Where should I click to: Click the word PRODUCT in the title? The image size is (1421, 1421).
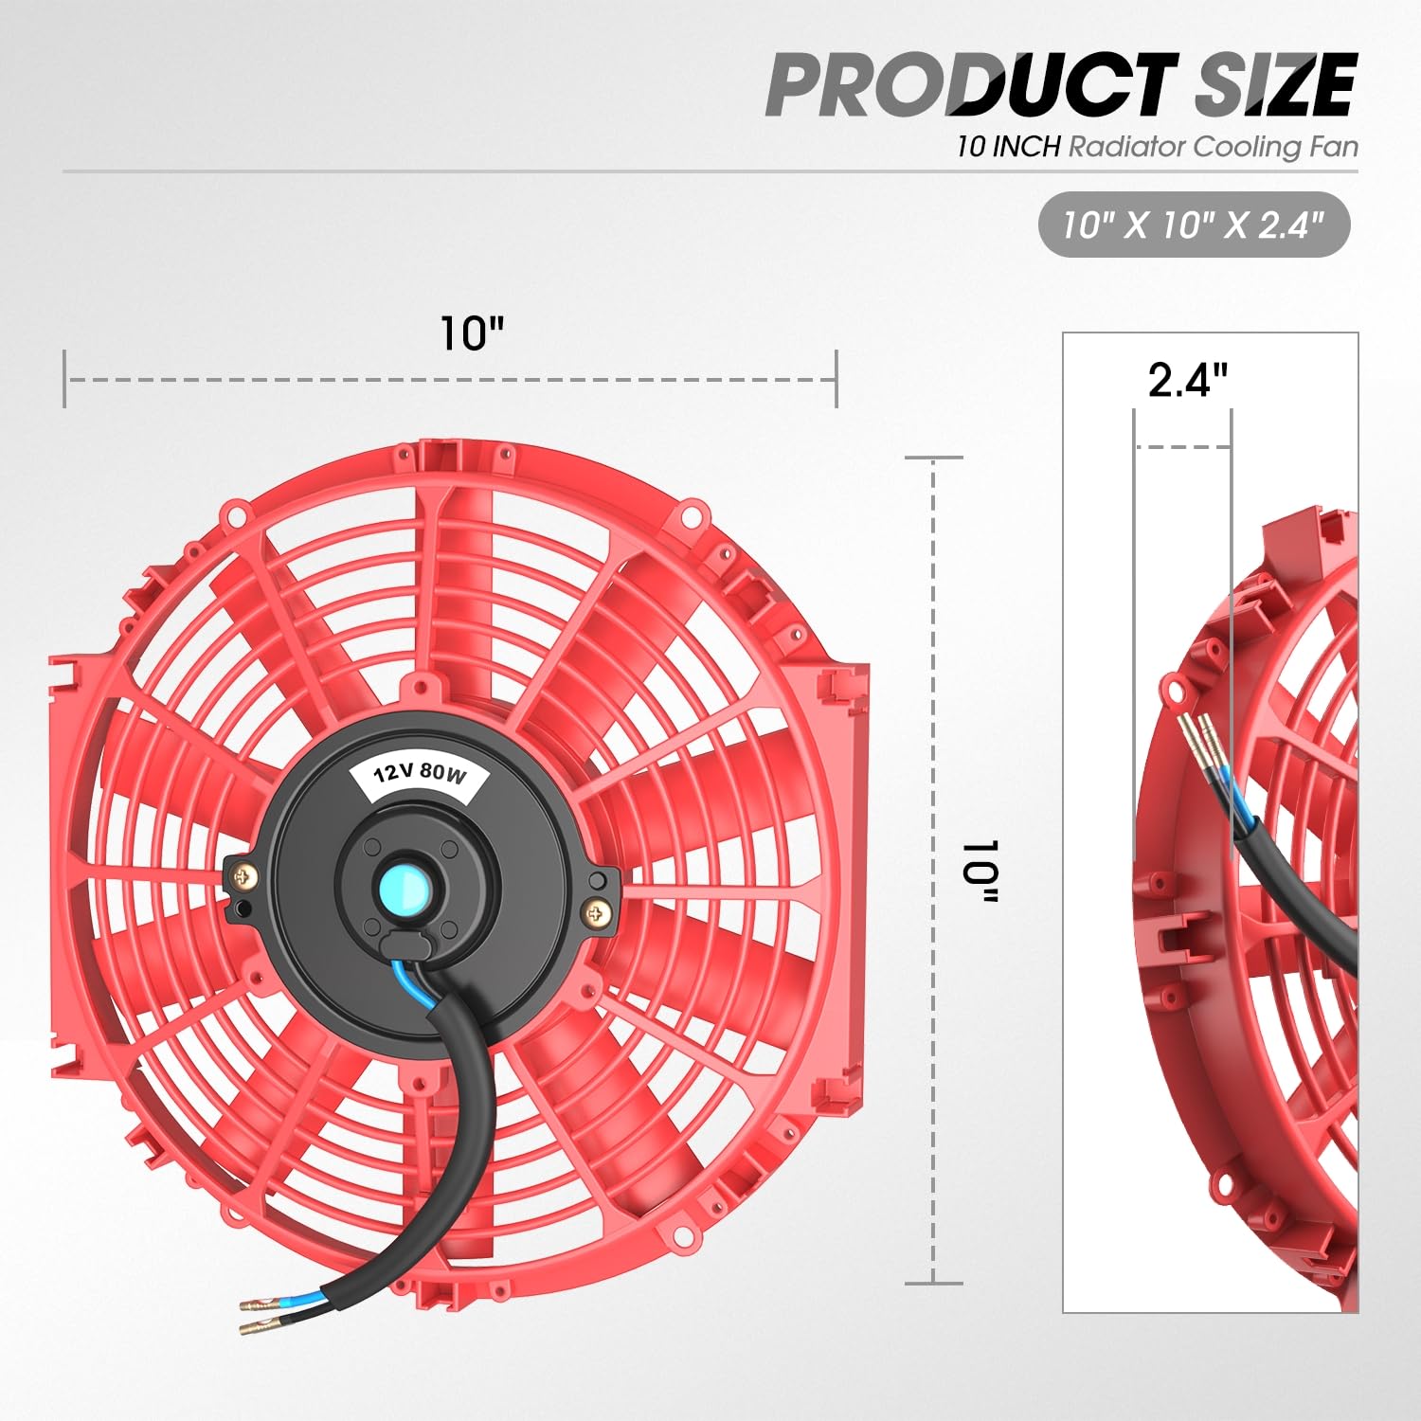coord(971,85)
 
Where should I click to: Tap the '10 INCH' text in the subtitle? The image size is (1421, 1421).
coord(1008,147)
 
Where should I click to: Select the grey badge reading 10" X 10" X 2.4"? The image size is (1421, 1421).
coord(1194,225)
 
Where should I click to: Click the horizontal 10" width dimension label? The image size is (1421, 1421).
coord(471,333)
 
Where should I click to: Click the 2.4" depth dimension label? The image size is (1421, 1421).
coord(1187,380)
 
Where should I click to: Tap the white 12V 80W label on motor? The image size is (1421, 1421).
coord(420,774)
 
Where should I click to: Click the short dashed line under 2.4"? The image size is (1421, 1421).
coord(1182,446)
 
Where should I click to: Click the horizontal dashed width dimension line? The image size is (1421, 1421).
coord(450,380)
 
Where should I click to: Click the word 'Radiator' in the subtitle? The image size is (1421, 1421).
coord(1127,147)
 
